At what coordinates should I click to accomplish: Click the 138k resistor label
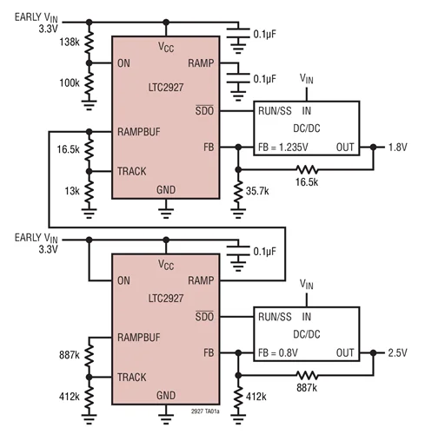70,43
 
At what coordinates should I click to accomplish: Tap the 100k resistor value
70,83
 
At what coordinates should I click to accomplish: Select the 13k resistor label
72,191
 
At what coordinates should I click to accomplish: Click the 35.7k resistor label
257,191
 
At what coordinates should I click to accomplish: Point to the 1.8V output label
397,148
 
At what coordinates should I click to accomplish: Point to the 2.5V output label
397,353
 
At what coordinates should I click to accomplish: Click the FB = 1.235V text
283,148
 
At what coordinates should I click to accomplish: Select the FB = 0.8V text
278,353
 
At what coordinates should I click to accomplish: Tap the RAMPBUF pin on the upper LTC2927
139,132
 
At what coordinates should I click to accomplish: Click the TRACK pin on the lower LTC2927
132,377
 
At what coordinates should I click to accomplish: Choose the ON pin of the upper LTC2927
123,63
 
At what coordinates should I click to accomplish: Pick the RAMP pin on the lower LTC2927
201,280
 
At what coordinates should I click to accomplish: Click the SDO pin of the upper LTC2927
204,110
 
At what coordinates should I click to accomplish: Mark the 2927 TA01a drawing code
205,411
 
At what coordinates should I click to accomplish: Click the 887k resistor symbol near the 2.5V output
307,376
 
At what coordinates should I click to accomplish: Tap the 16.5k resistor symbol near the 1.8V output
307,169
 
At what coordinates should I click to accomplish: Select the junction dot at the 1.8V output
374,148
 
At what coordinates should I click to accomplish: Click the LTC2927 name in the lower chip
166,299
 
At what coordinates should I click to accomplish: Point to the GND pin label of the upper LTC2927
166,190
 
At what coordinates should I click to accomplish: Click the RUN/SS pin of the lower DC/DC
275,317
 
